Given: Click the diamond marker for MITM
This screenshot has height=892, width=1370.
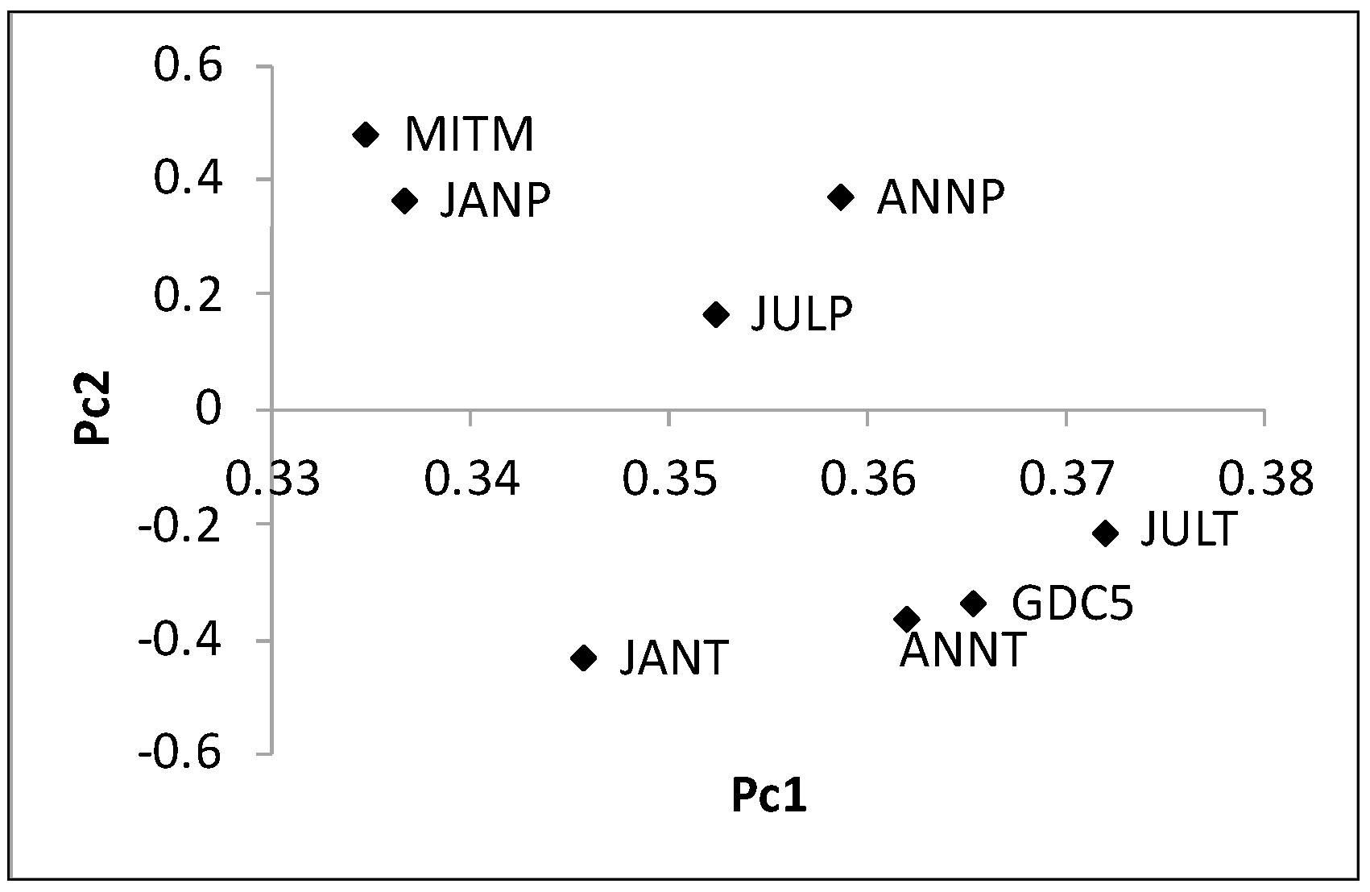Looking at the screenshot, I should [366, 135].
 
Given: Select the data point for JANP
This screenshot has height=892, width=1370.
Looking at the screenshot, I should [405, 201].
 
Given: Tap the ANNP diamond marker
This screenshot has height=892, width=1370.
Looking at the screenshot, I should [841, 197].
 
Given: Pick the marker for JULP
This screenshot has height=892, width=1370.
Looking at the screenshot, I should [716, 314].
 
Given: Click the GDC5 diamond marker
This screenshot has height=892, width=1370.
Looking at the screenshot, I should [974, 603].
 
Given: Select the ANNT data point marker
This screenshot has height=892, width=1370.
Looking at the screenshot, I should [908, 620].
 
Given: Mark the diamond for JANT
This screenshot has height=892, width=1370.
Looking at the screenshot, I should [584, 658].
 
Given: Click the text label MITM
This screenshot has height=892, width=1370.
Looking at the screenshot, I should [470, 135].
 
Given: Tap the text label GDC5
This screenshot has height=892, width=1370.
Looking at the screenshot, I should [1072, 603].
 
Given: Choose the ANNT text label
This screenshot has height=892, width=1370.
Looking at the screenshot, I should [962, 649].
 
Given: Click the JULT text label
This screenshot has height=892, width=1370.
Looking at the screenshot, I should [1188, 531].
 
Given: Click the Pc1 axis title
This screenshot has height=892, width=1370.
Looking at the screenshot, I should [769, 795].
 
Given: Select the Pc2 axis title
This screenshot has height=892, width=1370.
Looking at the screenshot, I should [92, 409].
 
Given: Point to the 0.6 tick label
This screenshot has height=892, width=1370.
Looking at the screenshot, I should [188, 67].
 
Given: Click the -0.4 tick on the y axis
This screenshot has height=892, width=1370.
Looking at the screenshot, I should [180, 641].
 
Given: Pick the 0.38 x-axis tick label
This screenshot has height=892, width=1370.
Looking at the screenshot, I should [1265, 479].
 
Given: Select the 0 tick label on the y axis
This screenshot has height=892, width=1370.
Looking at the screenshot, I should [209, 409].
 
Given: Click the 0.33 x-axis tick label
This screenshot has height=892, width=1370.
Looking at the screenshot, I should [273, 479].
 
